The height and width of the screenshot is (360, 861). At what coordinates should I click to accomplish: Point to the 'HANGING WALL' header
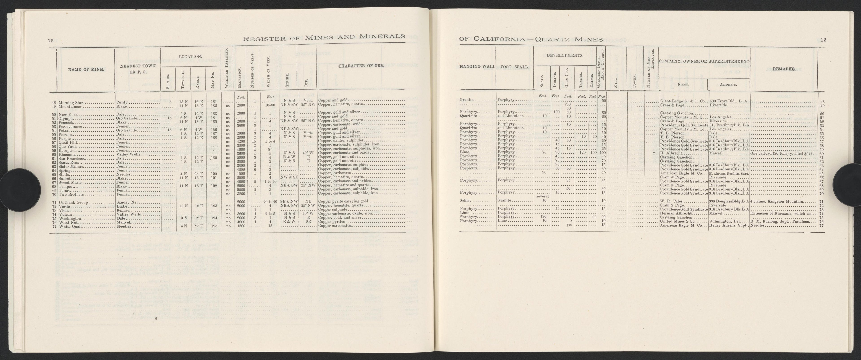(477, 67)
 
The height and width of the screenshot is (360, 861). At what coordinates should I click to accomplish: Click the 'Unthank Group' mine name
(73, 202)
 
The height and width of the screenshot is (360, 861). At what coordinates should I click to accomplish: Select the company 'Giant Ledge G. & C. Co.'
(683, 101)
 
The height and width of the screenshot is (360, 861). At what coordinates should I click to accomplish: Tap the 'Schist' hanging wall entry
(466, 201)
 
